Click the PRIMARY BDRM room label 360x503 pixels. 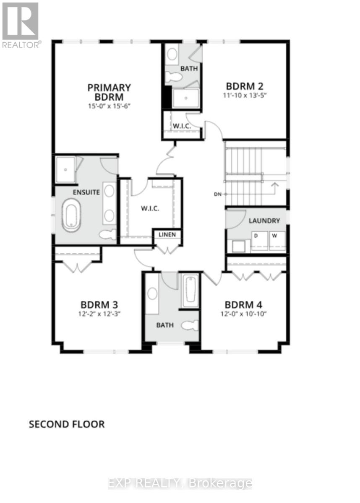coord(109,92)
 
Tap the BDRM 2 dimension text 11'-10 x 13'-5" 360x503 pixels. coord(244,95)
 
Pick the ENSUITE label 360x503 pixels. coord(86,192)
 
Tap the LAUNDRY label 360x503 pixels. coord(264,220)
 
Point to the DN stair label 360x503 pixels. coord(217,194)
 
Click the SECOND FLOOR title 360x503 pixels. coord(66,424)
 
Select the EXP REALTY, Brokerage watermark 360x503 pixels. coord(180,483)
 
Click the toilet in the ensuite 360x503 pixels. coord(107,235)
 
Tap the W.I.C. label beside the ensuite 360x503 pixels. coord(150,208)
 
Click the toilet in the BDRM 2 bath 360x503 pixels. coord(173,77)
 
